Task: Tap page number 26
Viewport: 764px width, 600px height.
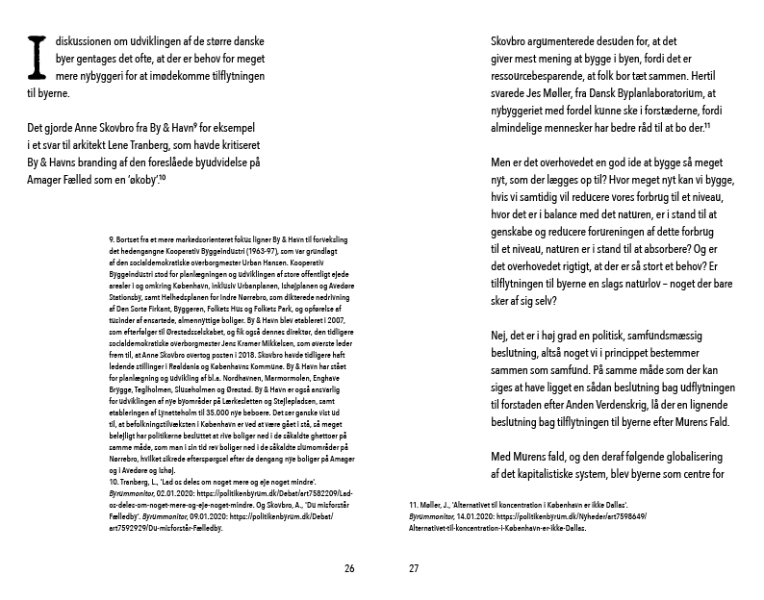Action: [349, 568]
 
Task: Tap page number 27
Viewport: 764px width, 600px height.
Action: [414, 568]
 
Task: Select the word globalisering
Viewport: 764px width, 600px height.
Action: [690, 458]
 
